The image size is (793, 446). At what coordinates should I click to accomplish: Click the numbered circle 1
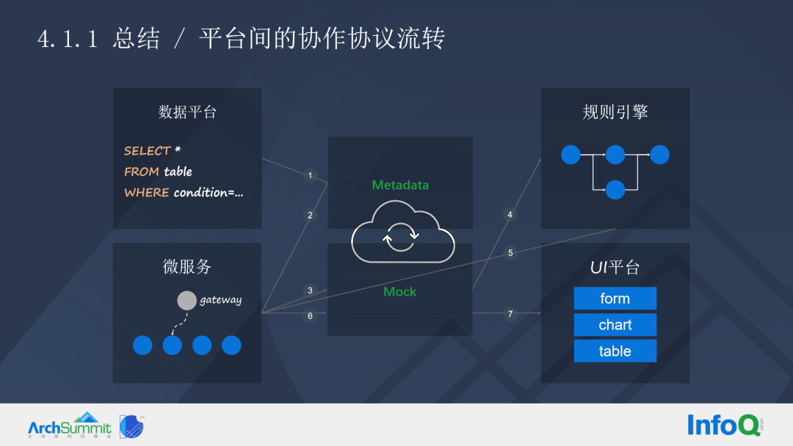310,175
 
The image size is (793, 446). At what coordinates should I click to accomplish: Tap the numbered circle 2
310,215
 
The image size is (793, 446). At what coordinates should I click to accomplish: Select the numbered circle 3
310,290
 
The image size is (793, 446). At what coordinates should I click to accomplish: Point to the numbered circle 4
510,215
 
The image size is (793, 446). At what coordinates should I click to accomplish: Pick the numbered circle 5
510,253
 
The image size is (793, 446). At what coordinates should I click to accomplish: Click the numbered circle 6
310,316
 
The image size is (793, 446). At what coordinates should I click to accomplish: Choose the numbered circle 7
510,315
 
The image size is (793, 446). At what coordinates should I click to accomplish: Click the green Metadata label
399,185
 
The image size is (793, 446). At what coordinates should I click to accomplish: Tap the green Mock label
399,292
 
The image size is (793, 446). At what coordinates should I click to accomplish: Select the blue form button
615,299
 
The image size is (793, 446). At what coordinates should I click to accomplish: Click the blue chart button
615,325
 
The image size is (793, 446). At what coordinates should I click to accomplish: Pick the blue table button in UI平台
615,351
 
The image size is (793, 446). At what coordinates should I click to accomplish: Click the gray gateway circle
187,301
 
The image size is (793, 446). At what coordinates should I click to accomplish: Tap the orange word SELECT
147,151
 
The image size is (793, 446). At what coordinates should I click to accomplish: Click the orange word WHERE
147,193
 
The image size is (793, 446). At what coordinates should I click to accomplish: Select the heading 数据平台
187,112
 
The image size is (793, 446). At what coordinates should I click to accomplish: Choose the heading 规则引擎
615,112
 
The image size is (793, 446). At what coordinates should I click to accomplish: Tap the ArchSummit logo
70,425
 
